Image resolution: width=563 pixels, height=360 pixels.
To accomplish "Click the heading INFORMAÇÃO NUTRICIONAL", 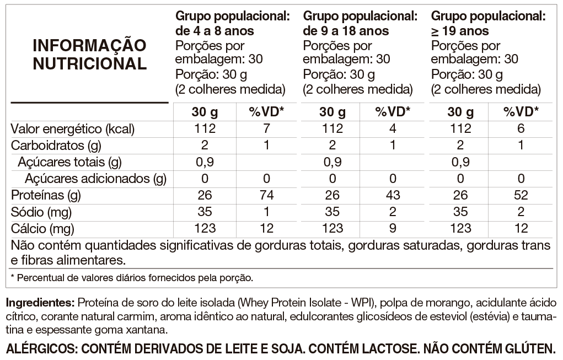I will point(90,53).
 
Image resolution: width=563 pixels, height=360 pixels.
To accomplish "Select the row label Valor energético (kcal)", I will point(73,129).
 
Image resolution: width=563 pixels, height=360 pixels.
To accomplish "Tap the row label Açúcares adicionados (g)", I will point(95,179).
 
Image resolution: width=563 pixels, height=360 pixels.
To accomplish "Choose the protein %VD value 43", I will point(393,195).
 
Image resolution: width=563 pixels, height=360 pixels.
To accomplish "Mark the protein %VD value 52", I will point(521,195).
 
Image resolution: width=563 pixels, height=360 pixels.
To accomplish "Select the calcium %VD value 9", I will point(393,228).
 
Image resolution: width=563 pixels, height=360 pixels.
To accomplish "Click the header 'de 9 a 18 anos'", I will point(346,31).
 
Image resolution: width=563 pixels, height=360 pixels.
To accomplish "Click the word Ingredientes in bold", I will point(39,303).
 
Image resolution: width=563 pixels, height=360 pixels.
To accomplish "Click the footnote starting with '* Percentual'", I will point(132,277).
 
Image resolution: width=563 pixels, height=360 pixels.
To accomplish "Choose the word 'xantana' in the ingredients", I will point(147,330).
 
